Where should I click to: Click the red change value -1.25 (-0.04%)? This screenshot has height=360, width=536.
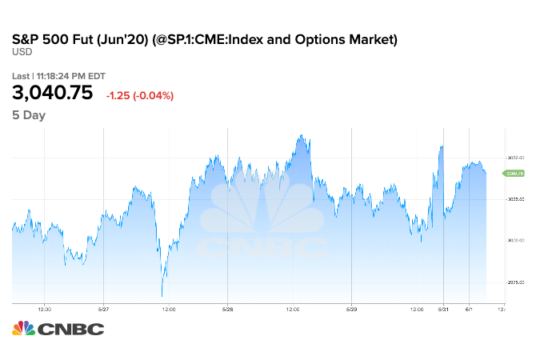click(x=140, y=96)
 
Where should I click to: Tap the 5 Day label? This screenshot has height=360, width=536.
click(x=29, y=115)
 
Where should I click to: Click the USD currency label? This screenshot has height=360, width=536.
click(x=21, y=52)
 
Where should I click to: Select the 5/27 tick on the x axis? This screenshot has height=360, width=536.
click(x=103, y=309)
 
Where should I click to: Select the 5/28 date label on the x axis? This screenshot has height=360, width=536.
click(x=227, y=309)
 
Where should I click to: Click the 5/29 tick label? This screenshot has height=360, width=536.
click(x=351, y=309)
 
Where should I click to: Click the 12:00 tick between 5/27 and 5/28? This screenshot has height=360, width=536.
click(x=166, y=309)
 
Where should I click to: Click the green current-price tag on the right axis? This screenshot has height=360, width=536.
click(x=512, y=173)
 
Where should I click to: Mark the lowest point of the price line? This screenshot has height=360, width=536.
click(x=162, y=296)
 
